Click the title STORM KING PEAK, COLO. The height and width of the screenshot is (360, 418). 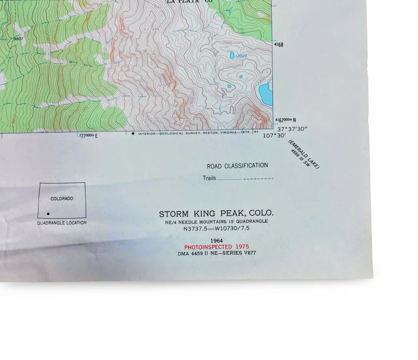point(216,214)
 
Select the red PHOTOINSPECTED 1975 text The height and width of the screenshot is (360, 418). point(216,247)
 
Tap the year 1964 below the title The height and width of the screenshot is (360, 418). point(216,241)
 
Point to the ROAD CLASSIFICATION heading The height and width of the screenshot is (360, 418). point(237,166)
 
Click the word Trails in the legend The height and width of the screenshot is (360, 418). point(209,178)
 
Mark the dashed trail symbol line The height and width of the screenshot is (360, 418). point(258,179)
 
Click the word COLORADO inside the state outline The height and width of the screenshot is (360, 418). point(62,199)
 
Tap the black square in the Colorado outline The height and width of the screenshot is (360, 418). point(48,214)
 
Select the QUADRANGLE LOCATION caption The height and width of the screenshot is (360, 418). point(61,223)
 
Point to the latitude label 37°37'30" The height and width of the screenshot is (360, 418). point(293,129)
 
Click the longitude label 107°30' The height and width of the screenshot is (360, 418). point(274,136)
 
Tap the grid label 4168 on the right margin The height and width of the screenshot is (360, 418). point(279,45)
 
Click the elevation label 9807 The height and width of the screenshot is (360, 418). point(18,39)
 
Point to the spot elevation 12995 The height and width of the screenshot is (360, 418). point(152,30)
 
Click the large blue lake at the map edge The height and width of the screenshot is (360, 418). point(265,93)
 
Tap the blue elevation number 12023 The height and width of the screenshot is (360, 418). point(240,56)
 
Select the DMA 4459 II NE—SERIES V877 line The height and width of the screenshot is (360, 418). point(216,253)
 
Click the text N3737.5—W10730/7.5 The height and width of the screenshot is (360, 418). point(216,228)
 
